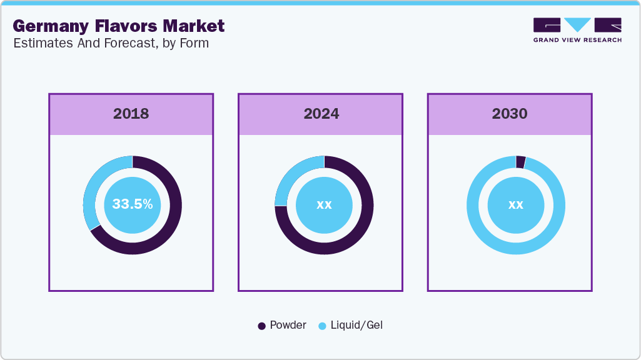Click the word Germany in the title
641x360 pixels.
click(x=50, y=26)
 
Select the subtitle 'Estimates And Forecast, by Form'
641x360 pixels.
click(x=111, y=43)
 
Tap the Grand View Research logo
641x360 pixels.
click(x=577, y=29)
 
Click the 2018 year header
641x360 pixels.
click(x=131, y=114)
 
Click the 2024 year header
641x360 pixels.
click(x=321, y=114)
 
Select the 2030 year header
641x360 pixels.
click(x=510, y=114)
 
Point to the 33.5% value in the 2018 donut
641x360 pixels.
click(x=133, y=204)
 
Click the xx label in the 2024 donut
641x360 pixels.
click(x=324, y=204)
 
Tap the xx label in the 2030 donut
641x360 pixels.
click(x=515, y=204)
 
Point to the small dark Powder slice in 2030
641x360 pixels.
click(x=520, y=162)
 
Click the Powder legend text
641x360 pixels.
click(x=288, y=326)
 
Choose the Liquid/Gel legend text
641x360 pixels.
click(x=356, y=326)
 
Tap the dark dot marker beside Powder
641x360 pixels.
click(x=262, y=326)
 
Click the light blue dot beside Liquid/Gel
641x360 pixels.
click(x=323, y=326)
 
